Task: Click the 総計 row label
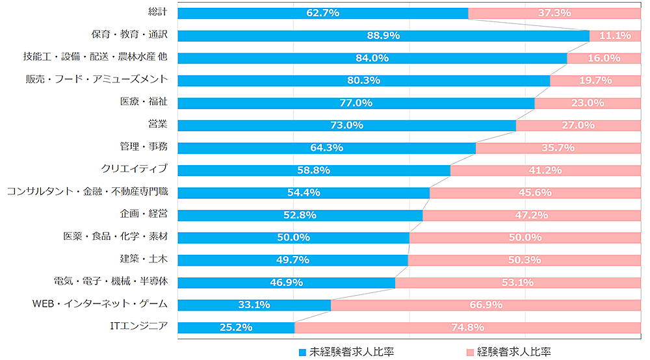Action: pyautogui.click(x=158, y=12)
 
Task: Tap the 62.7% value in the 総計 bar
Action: pyautogui.click(x=322, y=13)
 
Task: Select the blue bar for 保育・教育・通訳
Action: pyautogui.click(x=383, y=36)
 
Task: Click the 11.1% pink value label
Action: pyautogui.click(x=614, y=36)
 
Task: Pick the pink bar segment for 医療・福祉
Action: pyautogui.click(x=588, y=103)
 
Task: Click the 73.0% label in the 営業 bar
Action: pyautogui.click(x=346, y=125)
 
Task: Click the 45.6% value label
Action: pyautogui.click(x=534, y=193)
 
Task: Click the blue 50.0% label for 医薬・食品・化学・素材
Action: pyautogui.click(x=293, y=237)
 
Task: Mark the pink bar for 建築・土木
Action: pyautogui.click(x=524, y=260)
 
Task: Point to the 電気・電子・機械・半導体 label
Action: pyautogui.click(x=110, y=282)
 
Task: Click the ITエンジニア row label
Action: pyautogui.click(x=139, y=327)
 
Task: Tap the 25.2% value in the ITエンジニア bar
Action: pyautogui.click(x=236, y=328)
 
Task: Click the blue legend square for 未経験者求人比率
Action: pyautogui.click(x=302, y=352)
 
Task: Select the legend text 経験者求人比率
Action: pyautogui.click(x=513, y=352)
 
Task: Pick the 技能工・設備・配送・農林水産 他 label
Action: pyautogui.click(x=95, y=57)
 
